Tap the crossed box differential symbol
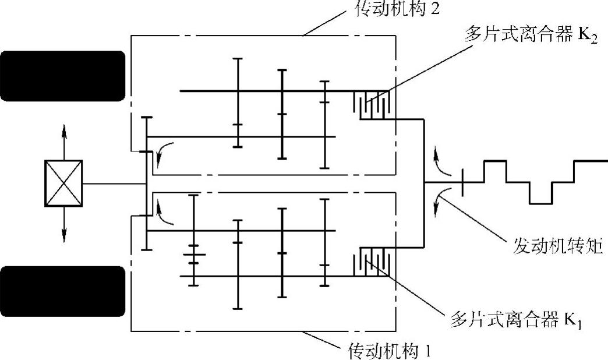[63, 183]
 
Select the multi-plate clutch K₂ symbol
[374, 105]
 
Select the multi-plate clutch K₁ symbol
[374, 262]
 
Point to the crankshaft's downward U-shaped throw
[541, 193]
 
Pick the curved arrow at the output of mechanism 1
[166, 213]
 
